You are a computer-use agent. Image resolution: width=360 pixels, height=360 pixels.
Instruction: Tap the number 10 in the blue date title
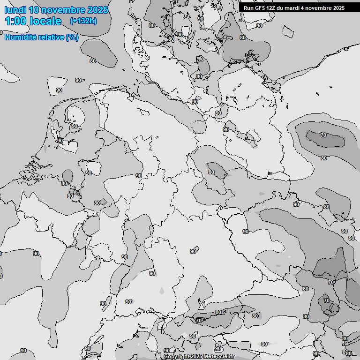pyautogui.click(x=34, y=10)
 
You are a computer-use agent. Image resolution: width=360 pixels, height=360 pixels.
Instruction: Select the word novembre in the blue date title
pyautogui.click(x=64, y=10)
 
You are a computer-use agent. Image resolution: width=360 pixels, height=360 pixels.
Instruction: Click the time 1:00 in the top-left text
pyautogui.click(x=15, y=21)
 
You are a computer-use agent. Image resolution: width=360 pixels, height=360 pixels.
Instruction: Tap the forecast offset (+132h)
pyautogui.click(x=83, y=21)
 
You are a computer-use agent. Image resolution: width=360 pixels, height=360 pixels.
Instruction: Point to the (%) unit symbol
pyautogui.click(x=72, y=37)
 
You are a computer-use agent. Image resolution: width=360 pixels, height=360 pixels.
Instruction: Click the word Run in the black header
pyautogui.click(x=248, y=8)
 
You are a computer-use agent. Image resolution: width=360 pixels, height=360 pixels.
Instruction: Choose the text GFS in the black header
pyautogui.click(x=260, y=8)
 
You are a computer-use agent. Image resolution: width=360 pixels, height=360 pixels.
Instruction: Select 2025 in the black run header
pyautogui.click(x=339, y=8)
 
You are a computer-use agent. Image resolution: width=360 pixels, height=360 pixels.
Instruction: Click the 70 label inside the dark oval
pyautogui.click(x=323, y=135)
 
